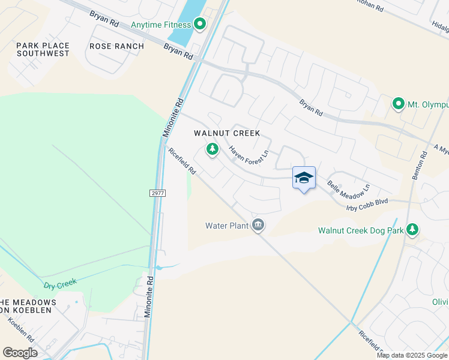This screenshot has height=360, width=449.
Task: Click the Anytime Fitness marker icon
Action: click(x=200, y=25)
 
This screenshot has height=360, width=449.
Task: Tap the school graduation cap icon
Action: click(x=304, y=178)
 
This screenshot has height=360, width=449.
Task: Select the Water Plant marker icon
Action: click(x=259, y=226)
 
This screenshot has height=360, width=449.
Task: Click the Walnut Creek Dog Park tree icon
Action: click(x=412, y=229)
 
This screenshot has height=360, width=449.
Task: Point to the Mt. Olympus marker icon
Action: click(x=397, y=104)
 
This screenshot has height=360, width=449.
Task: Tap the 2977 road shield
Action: click(x=157, y=193)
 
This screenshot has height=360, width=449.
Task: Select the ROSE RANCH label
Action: click(x=116, y=46)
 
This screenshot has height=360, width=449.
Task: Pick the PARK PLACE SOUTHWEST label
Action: click(x=43, y=49)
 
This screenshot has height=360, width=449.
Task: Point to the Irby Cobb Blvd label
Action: click(x=367, y=205)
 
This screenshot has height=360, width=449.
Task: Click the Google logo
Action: click(x=20, y=353)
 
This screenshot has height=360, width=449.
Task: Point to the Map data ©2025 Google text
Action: click(x=412, y=355)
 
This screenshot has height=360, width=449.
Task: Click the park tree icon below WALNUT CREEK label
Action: click(x=212, y=149)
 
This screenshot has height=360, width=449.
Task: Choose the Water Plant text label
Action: click(x=227, y=226)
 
